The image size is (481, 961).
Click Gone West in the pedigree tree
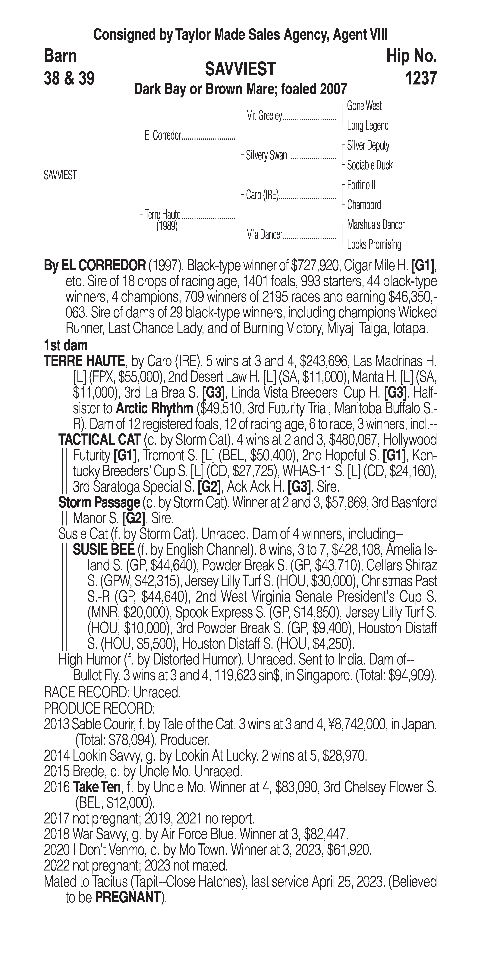364,106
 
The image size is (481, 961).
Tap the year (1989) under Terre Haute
167,227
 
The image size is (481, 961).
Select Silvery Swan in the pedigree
266,155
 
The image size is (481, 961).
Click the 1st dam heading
66,345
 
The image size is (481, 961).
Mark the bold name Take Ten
97,787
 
